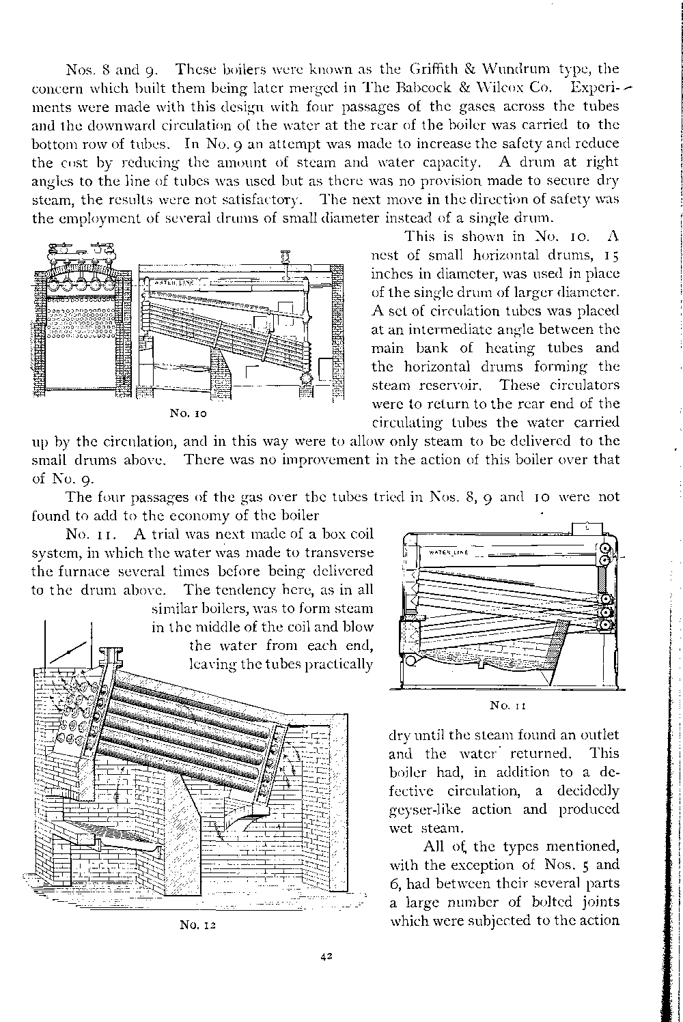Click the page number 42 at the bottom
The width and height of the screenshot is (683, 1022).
coord(326,956)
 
